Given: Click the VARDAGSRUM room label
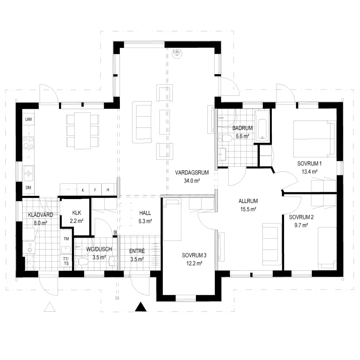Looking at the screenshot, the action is click(x=192, y=172).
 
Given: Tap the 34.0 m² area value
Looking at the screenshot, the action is click(x=192, y=181).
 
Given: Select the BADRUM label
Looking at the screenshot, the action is click(x=242, y=128).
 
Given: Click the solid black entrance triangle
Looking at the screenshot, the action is click(x=140, y=307).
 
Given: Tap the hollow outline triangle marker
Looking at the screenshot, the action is click(x=50, y=307).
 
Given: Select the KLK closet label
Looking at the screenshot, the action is click(x=76, y=213).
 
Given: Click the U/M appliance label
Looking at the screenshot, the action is click(x=28, y=120).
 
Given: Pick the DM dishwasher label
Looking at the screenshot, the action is click(x=28, y=188).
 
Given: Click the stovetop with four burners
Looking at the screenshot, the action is click(x=28, y=143).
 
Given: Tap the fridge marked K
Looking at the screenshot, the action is click(x=83, y=190).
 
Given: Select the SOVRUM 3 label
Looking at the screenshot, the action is click(x=194, y=255).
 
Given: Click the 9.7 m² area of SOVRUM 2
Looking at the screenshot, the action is click(x=301, y=225).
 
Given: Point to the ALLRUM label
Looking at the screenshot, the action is click(x=248, y=201).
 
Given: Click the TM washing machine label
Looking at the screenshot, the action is click(x=66, y=239).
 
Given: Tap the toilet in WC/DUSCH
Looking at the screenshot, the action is click(x=81, y=261).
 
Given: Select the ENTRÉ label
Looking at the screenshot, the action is click(x=137, y=251).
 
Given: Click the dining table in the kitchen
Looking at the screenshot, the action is click(x=83, y=131).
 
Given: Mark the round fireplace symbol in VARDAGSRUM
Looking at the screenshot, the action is click(x=177, y=54).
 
